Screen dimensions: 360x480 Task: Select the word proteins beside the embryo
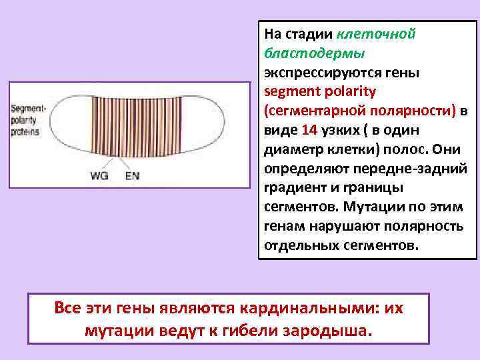25,132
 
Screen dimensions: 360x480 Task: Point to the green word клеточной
377,33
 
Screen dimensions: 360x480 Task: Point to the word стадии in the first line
309,33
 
